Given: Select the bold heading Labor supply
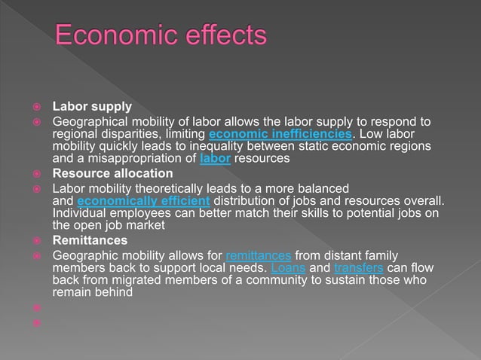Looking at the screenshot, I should pos(92,108).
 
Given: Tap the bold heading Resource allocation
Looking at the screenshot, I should pos(112,173).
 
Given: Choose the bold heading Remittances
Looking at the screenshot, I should pos(90,241).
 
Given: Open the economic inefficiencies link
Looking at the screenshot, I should pos(280,134).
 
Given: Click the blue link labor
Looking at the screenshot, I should pos(216,159).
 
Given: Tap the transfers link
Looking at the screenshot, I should pos(358,269).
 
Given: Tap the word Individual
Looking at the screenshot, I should pos(79,213).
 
